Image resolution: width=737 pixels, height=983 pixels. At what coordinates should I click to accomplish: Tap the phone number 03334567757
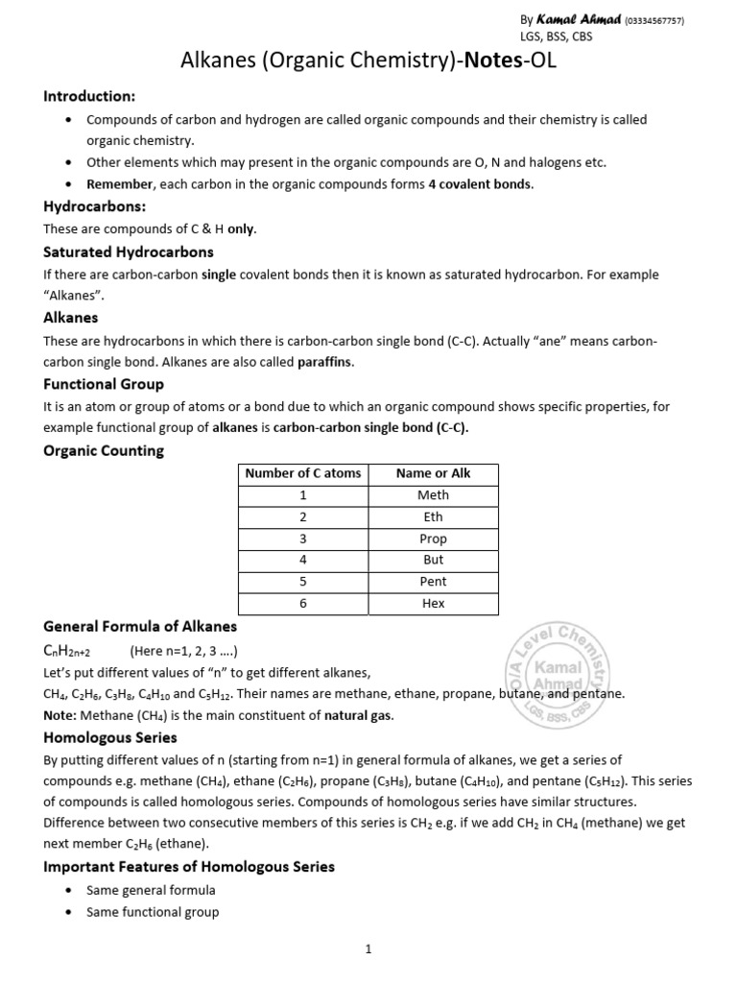(654, 21)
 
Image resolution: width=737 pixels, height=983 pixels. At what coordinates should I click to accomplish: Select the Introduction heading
(89, 97)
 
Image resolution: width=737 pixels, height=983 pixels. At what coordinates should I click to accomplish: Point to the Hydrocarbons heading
(94, 206)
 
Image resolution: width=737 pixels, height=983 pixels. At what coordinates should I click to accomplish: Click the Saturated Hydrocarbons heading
(129, 252)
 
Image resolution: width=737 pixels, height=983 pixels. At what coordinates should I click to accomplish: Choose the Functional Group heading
(104, 384)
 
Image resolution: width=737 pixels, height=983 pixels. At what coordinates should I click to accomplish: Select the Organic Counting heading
(104, 450)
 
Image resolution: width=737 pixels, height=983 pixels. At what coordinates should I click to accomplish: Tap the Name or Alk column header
(433, 473)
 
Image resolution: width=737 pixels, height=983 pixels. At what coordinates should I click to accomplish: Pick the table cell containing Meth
(433, 495)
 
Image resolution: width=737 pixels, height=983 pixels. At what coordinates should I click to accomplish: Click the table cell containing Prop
(433, 539)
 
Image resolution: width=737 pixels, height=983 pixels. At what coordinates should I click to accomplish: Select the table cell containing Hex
(433, 604)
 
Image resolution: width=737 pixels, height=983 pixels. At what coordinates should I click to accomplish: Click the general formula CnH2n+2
(66, 651)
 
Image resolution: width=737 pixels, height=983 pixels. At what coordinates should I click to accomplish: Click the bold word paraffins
(325, 362)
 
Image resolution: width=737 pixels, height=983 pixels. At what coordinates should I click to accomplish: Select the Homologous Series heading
(110, 738)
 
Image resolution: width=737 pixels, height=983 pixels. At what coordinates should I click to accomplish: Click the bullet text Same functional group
(153, 912)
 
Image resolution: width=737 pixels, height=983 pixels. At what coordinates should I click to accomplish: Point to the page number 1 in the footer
(368, 949)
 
